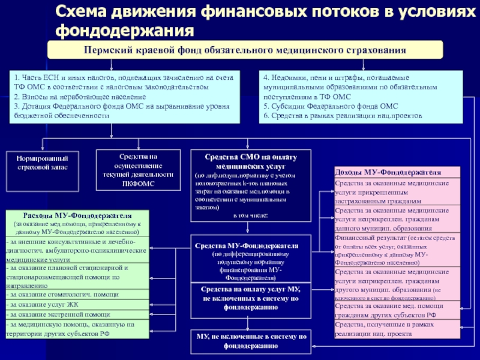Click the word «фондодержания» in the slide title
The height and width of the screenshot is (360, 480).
(125, 29)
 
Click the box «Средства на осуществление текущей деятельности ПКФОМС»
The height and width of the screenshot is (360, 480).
(137, 170)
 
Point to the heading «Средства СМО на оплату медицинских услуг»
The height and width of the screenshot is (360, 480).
(251, 160)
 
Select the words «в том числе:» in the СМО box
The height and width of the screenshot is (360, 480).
(251, 214)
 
